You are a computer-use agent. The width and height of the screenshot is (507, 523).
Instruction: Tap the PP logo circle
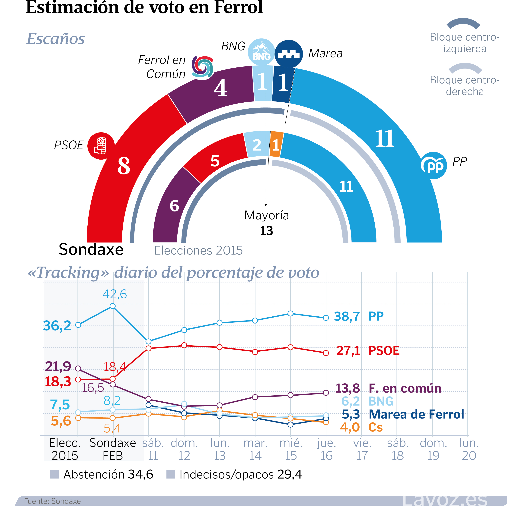434,165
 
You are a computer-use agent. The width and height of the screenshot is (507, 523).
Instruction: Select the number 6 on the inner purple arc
174,206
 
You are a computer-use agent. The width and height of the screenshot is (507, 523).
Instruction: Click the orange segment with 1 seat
276,144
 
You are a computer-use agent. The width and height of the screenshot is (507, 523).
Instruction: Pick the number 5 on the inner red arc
215,161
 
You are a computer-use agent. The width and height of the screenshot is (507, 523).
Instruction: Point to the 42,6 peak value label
115,294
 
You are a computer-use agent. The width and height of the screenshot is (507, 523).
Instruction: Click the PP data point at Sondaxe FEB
113,306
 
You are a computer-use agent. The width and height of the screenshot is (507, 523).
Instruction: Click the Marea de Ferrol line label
416,414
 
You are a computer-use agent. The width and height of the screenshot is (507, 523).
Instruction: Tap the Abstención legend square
54,474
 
